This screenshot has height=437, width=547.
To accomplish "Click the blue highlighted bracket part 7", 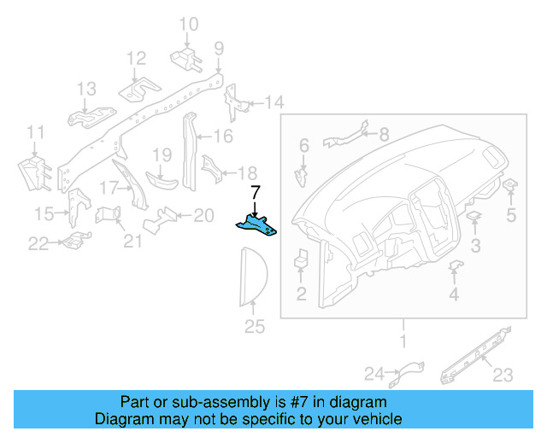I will (256, 224).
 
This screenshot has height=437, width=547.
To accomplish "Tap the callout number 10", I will (188, 24).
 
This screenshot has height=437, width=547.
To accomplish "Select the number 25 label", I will (255, 326).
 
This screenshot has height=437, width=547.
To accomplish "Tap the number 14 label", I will (273, 103).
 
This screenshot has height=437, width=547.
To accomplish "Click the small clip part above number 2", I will (302, 257).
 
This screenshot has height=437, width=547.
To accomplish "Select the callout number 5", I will (511, 215).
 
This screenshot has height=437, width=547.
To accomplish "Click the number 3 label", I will (476, 247).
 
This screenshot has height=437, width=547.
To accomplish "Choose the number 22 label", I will (38, 244).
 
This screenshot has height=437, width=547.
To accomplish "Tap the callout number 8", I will (383, 134).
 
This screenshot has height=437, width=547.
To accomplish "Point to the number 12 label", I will (137, 58).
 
